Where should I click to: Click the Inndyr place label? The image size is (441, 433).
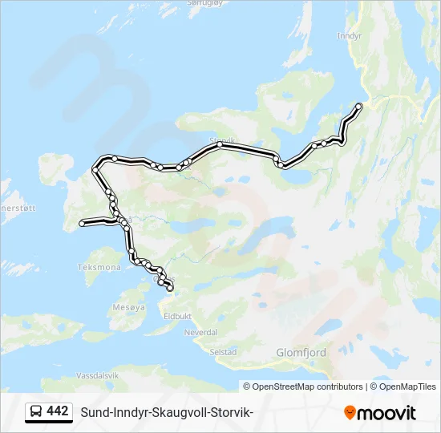pyautogui.click(x=350, y=36)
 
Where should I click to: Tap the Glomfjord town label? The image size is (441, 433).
pyautogui.click(x=301, y=351)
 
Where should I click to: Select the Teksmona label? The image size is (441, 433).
pyautogui.click(x=99, y=267)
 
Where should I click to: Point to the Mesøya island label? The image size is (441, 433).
pyautogui.click(x=129, y=307)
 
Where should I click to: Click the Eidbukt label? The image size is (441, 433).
pyautogui.click(x=178, y=317)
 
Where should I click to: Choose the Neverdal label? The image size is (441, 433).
pyautogui.click(x=200, y=332)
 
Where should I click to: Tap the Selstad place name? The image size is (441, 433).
pyautogui.click(x=222, y=352)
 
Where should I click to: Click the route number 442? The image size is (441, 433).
pyautogui.click(x=58, y=411)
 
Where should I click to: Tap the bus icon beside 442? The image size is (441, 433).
pyautogui.click(x=36, y=412)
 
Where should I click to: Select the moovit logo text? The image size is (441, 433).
pyautogui.click(x=386, y=413)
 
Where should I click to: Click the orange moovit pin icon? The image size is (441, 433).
pyautogui.click(x=350, y=413)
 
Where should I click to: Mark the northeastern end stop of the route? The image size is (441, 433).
pyautogui.click(x=358, y=107)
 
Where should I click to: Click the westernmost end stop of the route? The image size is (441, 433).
pyautogui.click(x=82, y=224)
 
